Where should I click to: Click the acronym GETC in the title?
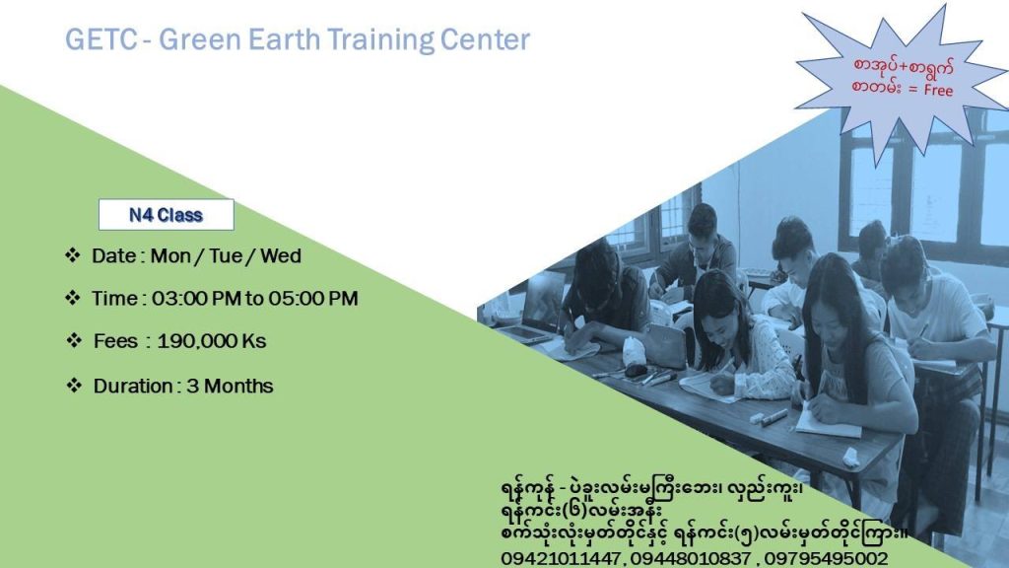coord(101,39)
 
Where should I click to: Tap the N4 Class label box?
coord(166,214)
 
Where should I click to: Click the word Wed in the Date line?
coord(281,255)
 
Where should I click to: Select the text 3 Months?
coord(230,386)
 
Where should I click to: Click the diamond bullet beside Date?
coord(72,255)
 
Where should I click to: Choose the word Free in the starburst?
coord(938,90)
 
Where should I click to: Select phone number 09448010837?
coord(691,558)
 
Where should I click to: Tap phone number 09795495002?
coord(827,558)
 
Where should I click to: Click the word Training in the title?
coord(379,39)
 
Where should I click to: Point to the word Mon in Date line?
coord(170,255)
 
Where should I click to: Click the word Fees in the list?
coord(115,340)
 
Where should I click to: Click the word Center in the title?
coord(485,39)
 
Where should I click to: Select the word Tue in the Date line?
coord(226,255)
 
